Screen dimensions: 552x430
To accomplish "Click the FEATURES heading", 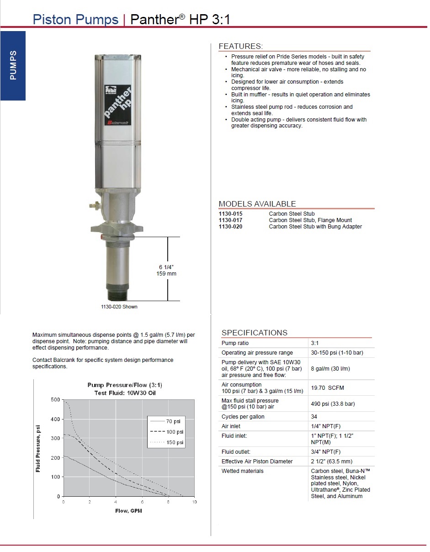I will [x=240, y=46].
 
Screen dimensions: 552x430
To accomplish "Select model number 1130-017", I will [x=230, y=220].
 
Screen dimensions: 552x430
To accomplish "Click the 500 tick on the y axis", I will [x=55, y=400].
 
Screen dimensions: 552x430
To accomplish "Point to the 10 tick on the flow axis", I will [x=194, y=502].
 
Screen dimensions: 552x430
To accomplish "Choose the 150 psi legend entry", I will [x=174, y=442].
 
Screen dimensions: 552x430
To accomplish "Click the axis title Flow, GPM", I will [x=128, y=510].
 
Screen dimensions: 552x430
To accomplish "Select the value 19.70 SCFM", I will [x=327, y=388].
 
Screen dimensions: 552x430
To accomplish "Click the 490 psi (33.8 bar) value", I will [x=333, y=404].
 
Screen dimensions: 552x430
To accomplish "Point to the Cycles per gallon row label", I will [x=243, y=417].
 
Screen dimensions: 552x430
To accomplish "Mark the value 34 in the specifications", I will [x=314, y=417].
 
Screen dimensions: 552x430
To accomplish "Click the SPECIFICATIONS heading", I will [x=255, y=333].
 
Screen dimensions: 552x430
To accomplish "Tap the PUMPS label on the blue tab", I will [x=13, y=65].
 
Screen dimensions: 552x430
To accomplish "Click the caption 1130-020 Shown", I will [x=119, y=307].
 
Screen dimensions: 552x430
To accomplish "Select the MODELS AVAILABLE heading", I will [x=257, y=204].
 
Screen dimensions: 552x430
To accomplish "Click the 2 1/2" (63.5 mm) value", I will [x=331, y=462].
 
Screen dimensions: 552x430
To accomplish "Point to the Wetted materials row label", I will [x=242, y=471].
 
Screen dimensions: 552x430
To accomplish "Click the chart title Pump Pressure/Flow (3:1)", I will [x=125, y=385].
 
